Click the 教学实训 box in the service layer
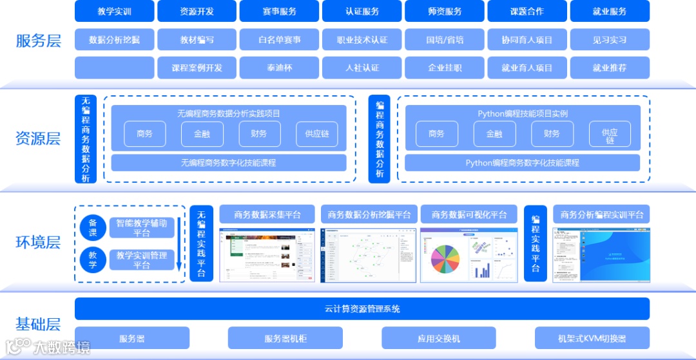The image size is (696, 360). [x=115, y=12]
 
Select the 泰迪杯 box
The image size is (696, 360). [x=280, y=68]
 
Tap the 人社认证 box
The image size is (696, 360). [x=362, y=68]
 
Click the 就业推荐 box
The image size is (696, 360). [x=610, y=68]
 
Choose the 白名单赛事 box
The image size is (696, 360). [x=280, y=40]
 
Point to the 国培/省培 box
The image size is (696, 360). [x=445, y=40]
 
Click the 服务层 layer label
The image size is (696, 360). [x=38, y=42]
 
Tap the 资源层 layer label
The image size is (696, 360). [x=38, y=138]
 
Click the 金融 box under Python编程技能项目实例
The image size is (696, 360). [x=494, y=134]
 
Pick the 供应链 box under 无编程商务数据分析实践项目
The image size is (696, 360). [x=317, y=134]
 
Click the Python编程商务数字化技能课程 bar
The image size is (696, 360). [x=522, y=163]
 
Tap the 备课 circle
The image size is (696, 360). [x=93, y=227]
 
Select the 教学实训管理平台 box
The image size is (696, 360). [x=141, y=260]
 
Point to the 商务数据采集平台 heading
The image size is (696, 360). [x=267, y=214]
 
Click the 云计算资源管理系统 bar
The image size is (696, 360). [x=362, y=309]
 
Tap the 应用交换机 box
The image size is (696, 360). [x=438, y=338]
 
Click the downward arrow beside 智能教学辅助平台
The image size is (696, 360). [x=179, y=245]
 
